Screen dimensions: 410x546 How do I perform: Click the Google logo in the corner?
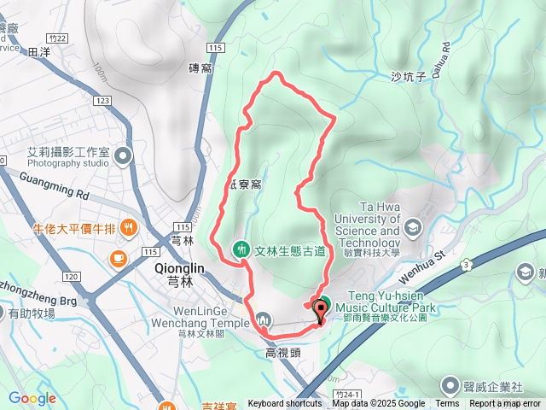32,398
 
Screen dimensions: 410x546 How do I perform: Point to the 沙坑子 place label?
407,76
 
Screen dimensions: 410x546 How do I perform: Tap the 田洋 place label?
39,53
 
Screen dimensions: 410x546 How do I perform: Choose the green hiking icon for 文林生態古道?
241,249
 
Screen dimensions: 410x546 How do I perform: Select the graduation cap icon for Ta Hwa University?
414,227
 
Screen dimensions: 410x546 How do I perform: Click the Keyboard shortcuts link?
284,404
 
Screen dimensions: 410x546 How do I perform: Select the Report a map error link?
506,404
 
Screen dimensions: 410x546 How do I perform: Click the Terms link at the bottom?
447,404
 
